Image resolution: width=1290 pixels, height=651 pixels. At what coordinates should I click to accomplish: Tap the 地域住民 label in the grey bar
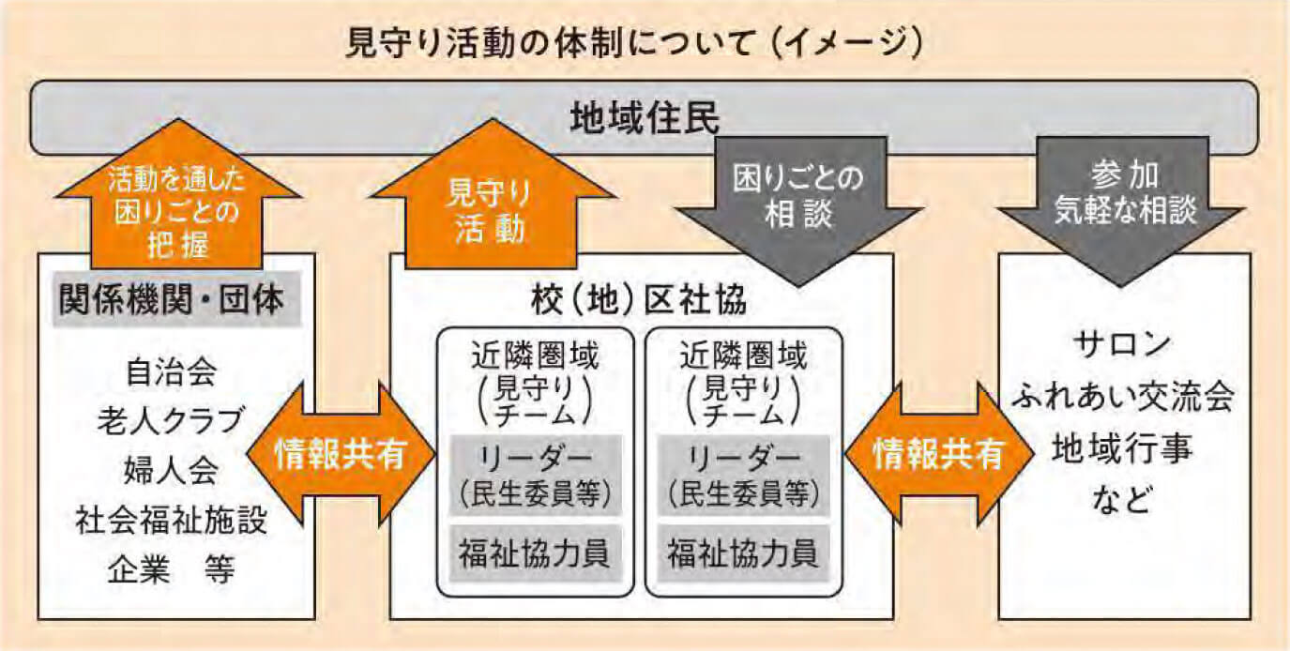coord(645,117)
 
